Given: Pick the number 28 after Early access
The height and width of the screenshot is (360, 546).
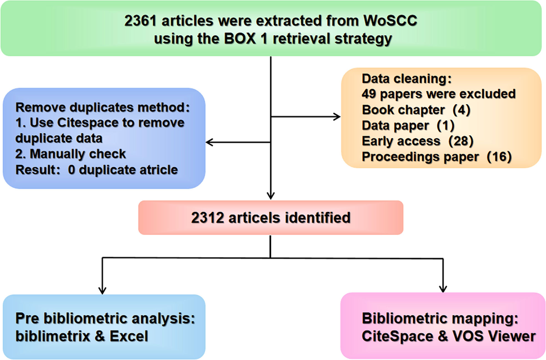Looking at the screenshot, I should (461, 141).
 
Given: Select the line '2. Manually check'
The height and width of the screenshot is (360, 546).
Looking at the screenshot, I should (71, 154).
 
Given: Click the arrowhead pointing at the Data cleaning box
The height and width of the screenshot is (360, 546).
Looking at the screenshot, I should (337, 117).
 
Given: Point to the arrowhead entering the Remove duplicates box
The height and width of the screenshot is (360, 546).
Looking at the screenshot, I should (210, 143).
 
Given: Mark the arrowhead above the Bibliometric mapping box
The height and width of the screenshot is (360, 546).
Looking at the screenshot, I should (442, 289).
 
